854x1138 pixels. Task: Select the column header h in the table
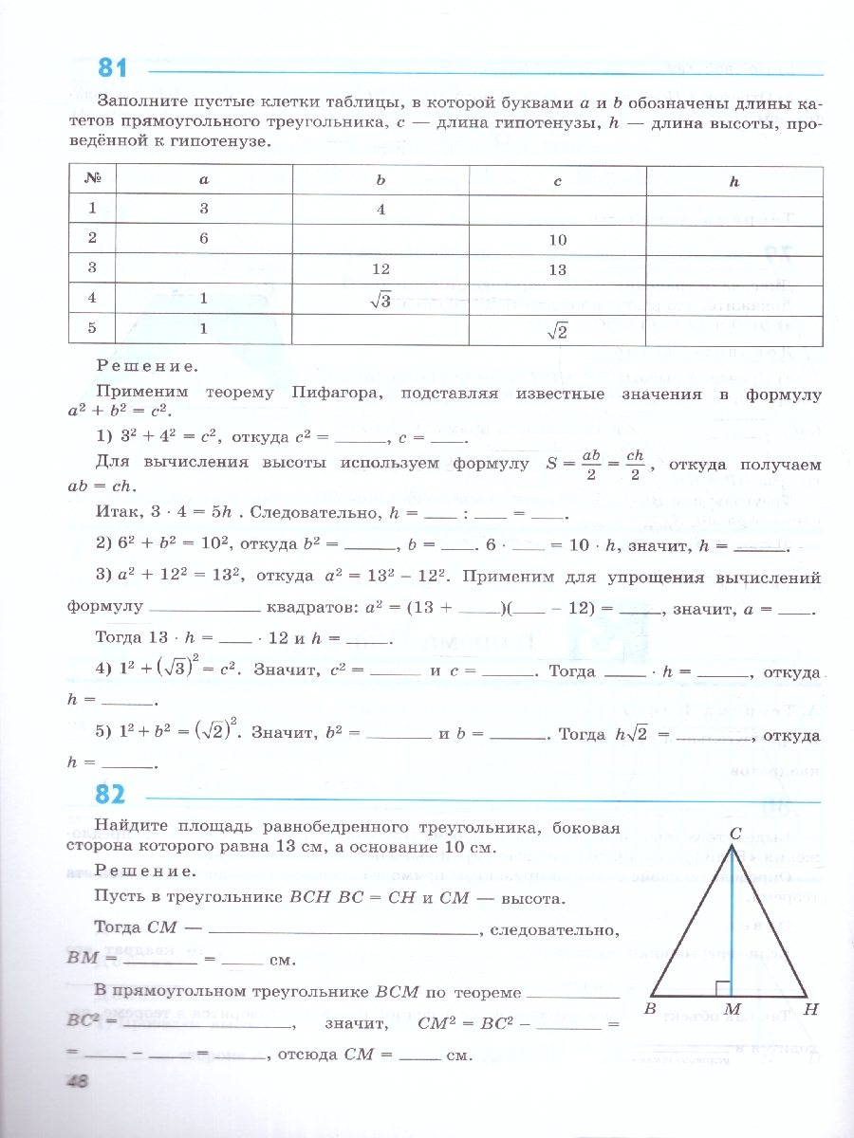point(733,180)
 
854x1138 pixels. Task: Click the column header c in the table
point(557,180)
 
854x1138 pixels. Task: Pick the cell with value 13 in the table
point(557,269)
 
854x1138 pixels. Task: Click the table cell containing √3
point(380,300)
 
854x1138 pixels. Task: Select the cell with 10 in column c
point(557,240)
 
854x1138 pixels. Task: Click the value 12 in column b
point(380,269)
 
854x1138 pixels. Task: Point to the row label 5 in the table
point(93,329)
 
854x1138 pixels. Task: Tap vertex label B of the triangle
point(651,1009)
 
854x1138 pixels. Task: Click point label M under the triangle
point(732,1009)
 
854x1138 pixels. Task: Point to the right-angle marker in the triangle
point(723,988)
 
